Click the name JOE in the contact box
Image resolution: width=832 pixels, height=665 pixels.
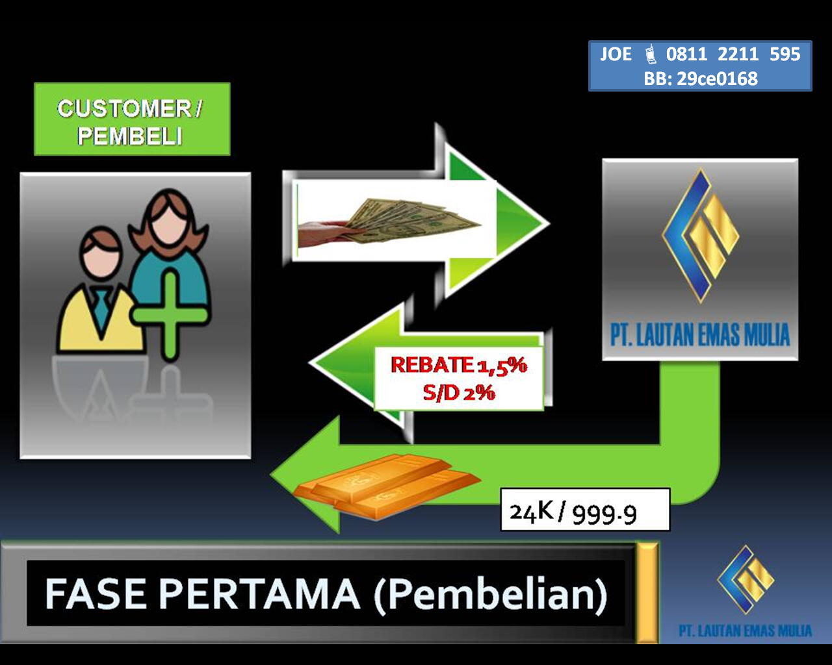[x=616, y=54]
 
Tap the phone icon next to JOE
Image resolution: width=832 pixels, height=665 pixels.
[x=651, y=54]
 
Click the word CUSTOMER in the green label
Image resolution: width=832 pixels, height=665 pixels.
[x=124, y=108]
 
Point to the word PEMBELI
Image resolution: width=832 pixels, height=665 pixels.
[x=130, y=136]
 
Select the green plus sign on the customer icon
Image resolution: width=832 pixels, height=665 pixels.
[x=170, y=315]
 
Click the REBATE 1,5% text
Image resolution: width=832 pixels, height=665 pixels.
[x=458, y=365]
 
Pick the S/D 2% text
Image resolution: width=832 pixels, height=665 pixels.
[x=458, y=393]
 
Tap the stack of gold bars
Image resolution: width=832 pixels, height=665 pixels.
[x=387, y=486]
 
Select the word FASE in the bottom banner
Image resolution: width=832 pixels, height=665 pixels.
[x=96, y=594]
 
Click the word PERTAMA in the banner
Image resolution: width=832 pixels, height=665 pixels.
[x=259, y=594]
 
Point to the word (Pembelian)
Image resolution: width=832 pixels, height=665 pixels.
[x=491, y=595]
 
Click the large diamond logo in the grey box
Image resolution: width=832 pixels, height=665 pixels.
[x=700, y=235]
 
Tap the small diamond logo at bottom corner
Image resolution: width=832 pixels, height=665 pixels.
[x=746, y=579]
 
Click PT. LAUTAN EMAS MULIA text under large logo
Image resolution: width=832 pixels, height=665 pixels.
[x=700, y=334]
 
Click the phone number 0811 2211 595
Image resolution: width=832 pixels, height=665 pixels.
[x=733, y=54]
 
